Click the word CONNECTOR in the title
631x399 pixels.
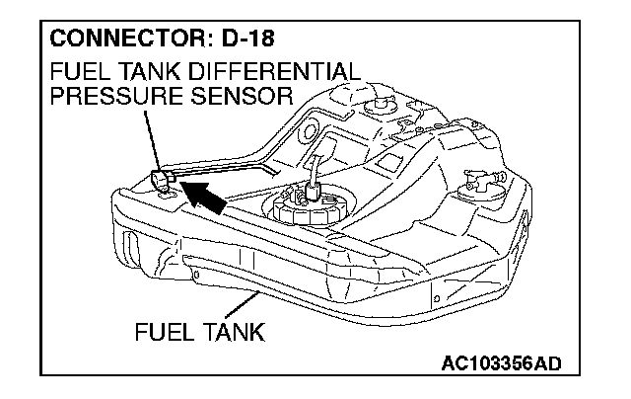click(x=110, y=43)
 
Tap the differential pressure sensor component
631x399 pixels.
click(x=164, y=182)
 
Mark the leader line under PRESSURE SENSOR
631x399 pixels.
click(x=150, y=138)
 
